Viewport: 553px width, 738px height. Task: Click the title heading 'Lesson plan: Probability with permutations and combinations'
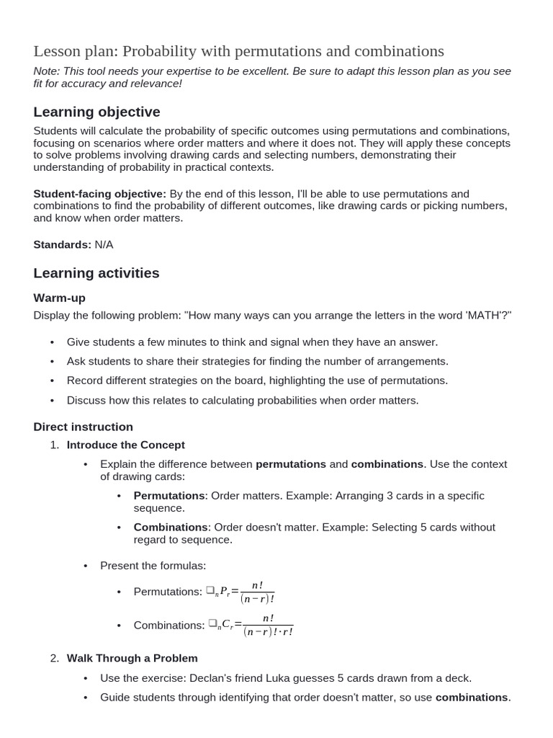click(x=238, y=51)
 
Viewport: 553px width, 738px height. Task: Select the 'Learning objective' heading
click(x=96, y=112)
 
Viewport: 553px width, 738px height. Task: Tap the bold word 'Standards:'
click(x=62, y=244)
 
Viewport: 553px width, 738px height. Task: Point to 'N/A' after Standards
click(x=104, y=244)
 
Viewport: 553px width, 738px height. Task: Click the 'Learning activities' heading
click(x=96, y=273)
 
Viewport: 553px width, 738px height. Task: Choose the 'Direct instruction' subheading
click(x=83, y=427)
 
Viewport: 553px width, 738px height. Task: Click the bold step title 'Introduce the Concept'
click(x=125, y=445)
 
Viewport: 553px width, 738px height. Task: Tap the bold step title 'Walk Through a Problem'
click(x=132, y=658)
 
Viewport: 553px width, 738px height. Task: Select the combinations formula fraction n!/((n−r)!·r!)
click(x=268, y=625)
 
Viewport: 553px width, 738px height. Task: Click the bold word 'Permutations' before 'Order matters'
click(x=169, y=496)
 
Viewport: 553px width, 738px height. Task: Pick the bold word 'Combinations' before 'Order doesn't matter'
click(x=171, y=527)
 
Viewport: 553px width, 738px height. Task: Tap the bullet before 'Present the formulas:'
click(x=86, y=566)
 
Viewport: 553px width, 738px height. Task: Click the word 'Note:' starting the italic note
click(x=47, y=71)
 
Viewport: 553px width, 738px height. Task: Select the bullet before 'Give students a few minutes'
click(x=53, y=342)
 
